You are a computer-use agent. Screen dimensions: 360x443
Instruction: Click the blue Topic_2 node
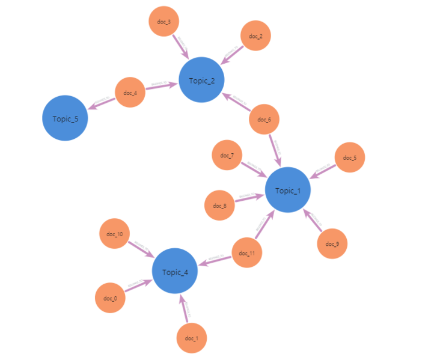coord(201,81)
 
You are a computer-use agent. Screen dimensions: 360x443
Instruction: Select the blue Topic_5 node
coord(65,118)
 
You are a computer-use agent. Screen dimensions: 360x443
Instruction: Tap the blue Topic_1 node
coord(288,190)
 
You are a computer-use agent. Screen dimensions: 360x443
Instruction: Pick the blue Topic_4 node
coord(175,272)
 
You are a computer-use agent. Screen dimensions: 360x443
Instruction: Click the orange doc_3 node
coord(164,22)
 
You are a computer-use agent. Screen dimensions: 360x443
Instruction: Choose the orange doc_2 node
coord(255,36)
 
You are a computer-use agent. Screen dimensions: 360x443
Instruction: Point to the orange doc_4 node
coord(130,93)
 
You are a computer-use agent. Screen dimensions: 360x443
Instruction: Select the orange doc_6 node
coord(264,119)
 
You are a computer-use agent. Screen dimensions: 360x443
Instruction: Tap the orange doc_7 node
coord(227,155)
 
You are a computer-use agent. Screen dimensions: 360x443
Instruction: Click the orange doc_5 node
coord(350,157)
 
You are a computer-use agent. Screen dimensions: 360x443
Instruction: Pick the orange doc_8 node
coord(220,206)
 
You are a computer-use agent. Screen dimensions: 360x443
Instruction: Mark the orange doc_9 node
coord(332,243)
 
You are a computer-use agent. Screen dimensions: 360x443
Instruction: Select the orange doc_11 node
coord(247,252)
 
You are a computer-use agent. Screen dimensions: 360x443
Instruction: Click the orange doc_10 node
coord(114,233)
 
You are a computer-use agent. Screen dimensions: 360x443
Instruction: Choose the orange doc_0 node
coord(110,298)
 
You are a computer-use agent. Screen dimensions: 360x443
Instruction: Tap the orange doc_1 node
coord(192,338)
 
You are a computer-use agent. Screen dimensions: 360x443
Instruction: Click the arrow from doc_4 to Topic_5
coord(101,103)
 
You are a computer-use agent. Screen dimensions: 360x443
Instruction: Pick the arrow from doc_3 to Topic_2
coord(180,46)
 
